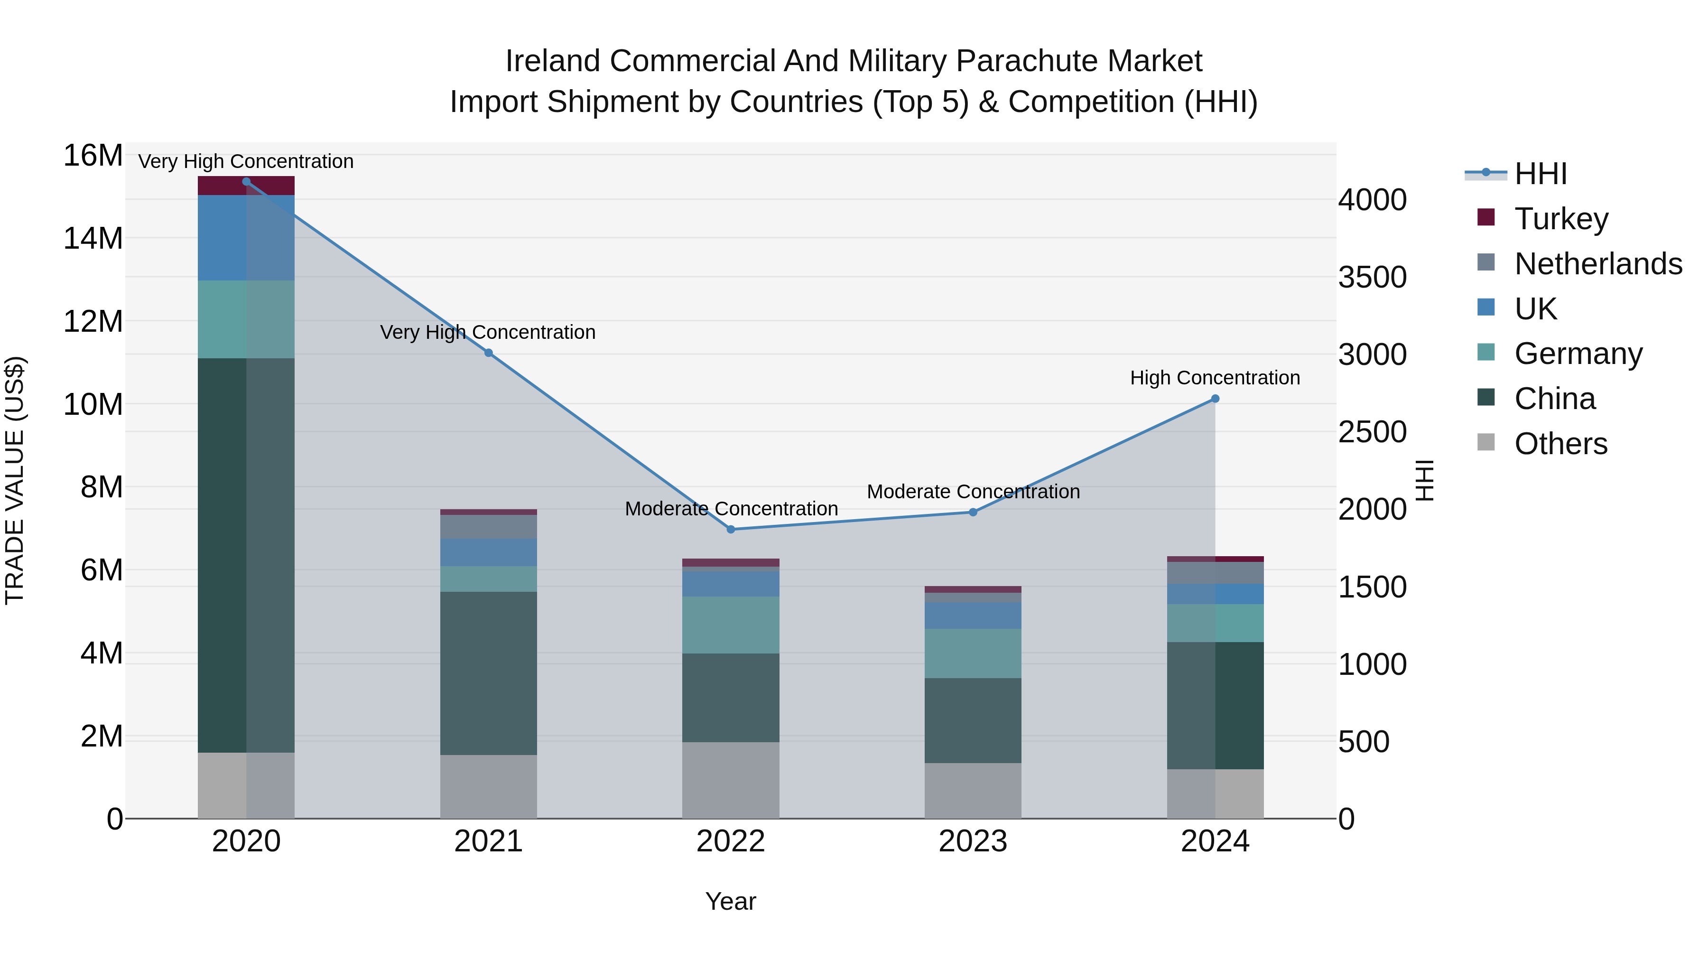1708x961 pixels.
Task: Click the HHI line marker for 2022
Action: pos(731,529)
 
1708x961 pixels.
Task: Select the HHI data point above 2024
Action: pos(1215,399)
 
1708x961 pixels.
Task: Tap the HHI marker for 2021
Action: pos(489,353)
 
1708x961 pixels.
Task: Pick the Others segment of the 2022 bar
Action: pos(731,780)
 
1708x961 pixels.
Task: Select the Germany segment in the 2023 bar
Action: pos(973,653)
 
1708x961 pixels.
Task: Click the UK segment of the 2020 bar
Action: pos(246,237)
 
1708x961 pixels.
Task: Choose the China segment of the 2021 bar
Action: pos(489,672)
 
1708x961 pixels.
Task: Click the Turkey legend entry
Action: pos(1561,219)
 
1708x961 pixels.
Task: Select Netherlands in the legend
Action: pos(1598,264)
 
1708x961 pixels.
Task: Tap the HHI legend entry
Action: pos(1540,174)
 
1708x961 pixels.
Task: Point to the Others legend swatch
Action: pos(1486,442)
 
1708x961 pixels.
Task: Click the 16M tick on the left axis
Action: pos(93,156)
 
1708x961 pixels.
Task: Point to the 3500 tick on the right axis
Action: pos(1372,277)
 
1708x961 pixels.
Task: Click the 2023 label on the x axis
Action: pos(973,841)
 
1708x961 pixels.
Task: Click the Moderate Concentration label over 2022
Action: pos(731,509)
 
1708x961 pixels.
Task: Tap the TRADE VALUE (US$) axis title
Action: pos(15,480)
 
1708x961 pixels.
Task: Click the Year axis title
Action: pos(731,901)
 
